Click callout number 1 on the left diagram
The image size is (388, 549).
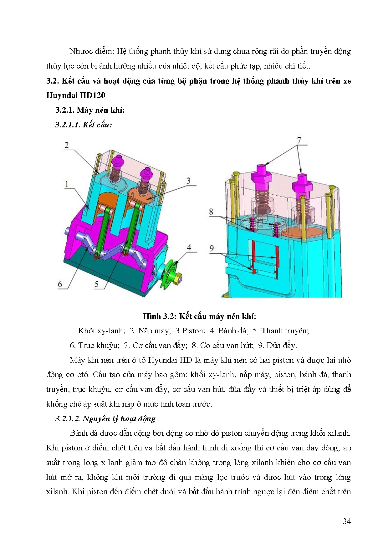[x=67, y=184]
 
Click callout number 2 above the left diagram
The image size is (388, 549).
[x=67, y=145]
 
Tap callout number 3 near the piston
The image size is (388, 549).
[x=188, y=181]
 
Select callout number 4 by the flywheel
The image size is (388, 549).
[x=189, y=247]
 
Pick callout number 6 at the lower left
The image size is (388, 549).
[x=60, y=284]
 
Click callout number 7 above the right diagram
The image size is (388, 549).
[x=299, y=140]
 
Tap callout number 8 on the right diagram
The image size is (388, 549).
[x=211, y=212]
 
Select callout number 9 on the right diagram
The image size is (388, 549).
[x=212, y=248]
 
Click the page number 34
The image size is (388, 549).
[x=346, y=521]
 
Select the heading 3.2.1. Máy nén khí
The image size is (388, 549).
[x=90, y=110]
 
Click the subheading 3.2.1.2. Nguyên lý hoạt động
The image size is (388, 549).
[x=105, y=419]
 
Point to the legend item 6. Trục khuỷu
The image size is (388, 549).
[x=94, y=345]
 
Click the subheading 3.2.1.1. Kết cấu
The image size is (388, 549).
[x=84, y=125]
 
